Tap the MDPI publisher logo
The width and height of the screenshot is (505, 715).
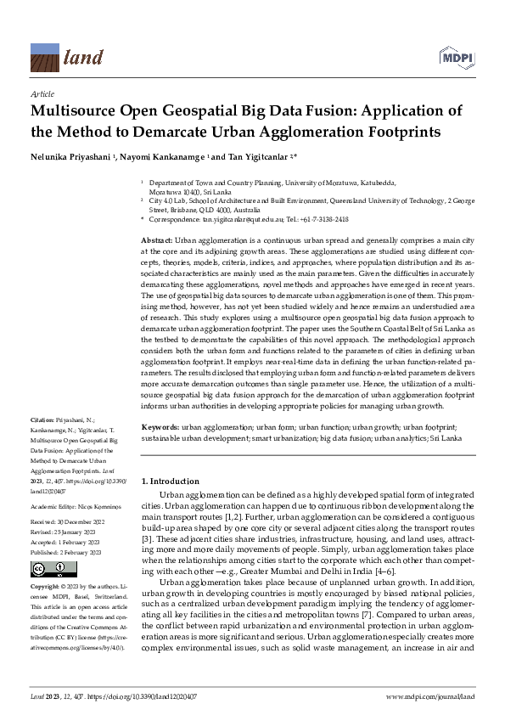(456, 55)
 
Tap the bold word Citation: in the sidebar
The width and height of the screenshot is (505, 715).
(42, 420)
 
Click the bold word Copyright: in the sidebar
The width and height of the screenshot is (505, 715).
(45, 587)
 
